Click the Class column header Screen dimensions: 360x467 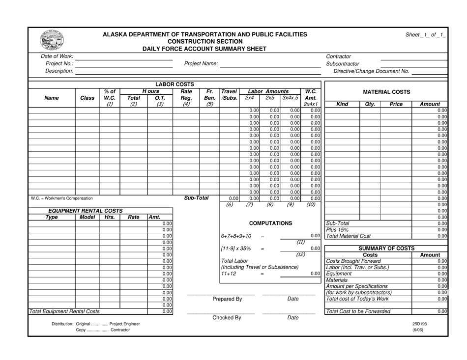[87, 98]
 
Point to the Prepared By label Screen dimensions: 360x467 [227, 299]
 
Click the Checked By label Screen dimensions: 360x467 [227, 317]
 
